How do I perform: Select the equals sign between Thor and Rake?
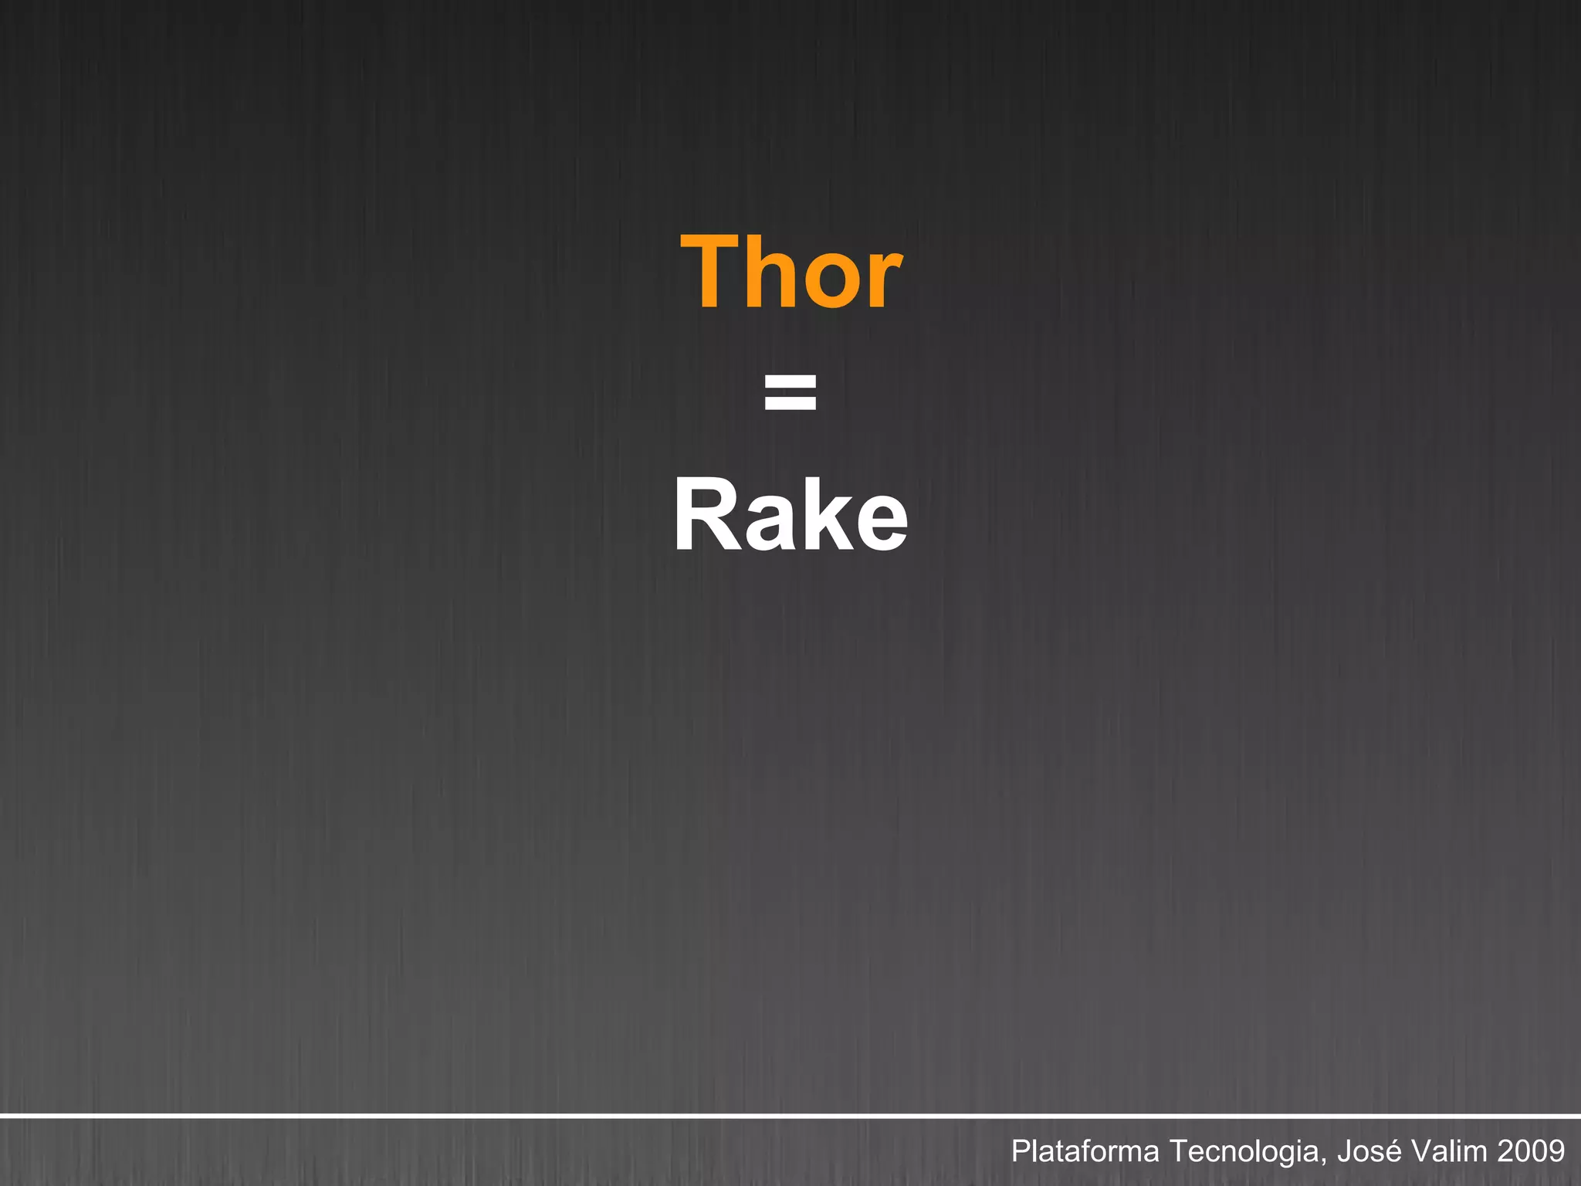click(790, 391)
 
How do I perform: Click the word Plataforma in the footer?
click(1085, 1151)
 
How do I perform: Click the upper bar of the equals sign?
click(790, 380)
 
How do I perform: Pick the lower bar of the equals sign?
click(790, 403)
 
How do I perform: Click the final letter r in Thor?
click(885, 283)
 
